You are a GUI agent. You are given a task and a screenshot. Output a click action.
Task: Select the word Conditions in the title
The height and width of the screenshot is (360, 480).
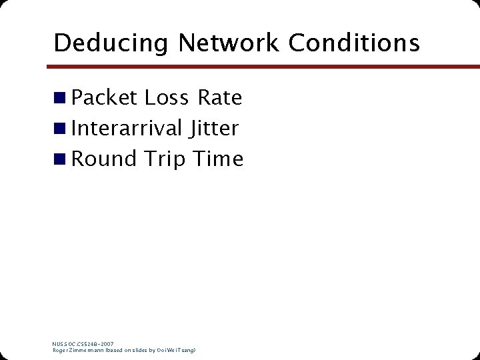click(355, 43)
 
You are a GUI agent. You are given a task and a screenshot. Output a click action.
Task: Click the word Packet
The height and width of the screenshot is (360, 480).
click(104, 98)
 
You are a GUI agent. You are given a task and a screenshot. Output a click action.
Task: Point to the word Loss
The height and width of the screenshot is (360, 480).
click(167, 98)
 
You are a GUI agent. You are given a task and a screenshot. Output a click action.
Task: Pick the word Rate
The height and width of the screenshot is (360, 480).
click(219, 98)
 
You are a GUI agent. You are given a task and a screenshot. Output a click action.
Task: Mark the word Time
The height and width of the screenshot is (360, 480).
click(218, 159)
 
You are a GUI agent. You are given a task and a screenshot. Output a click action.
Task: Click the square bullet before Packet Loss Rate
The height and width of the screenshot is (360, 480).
click(60, 99)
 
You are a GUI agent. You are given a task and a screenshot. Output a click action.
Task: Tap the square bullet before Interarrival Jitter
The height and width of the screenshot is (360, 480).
click(60, 129)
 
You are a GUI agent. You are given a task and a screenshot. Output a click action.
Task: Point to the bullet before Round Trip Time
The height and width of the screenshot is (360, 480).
click(60, 159)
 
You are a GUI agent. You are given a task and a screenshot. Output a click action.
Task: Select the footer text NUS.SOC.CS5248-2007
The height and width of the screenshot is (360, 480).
click(83, 344)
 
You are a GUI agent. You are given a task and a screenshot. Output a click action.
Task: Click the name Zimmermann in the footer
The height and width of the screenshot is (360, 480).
click(83, 350)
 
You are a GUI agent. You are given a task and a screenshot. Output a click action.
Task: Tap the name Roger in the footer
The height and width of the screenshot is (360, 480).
click(61, 350)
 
